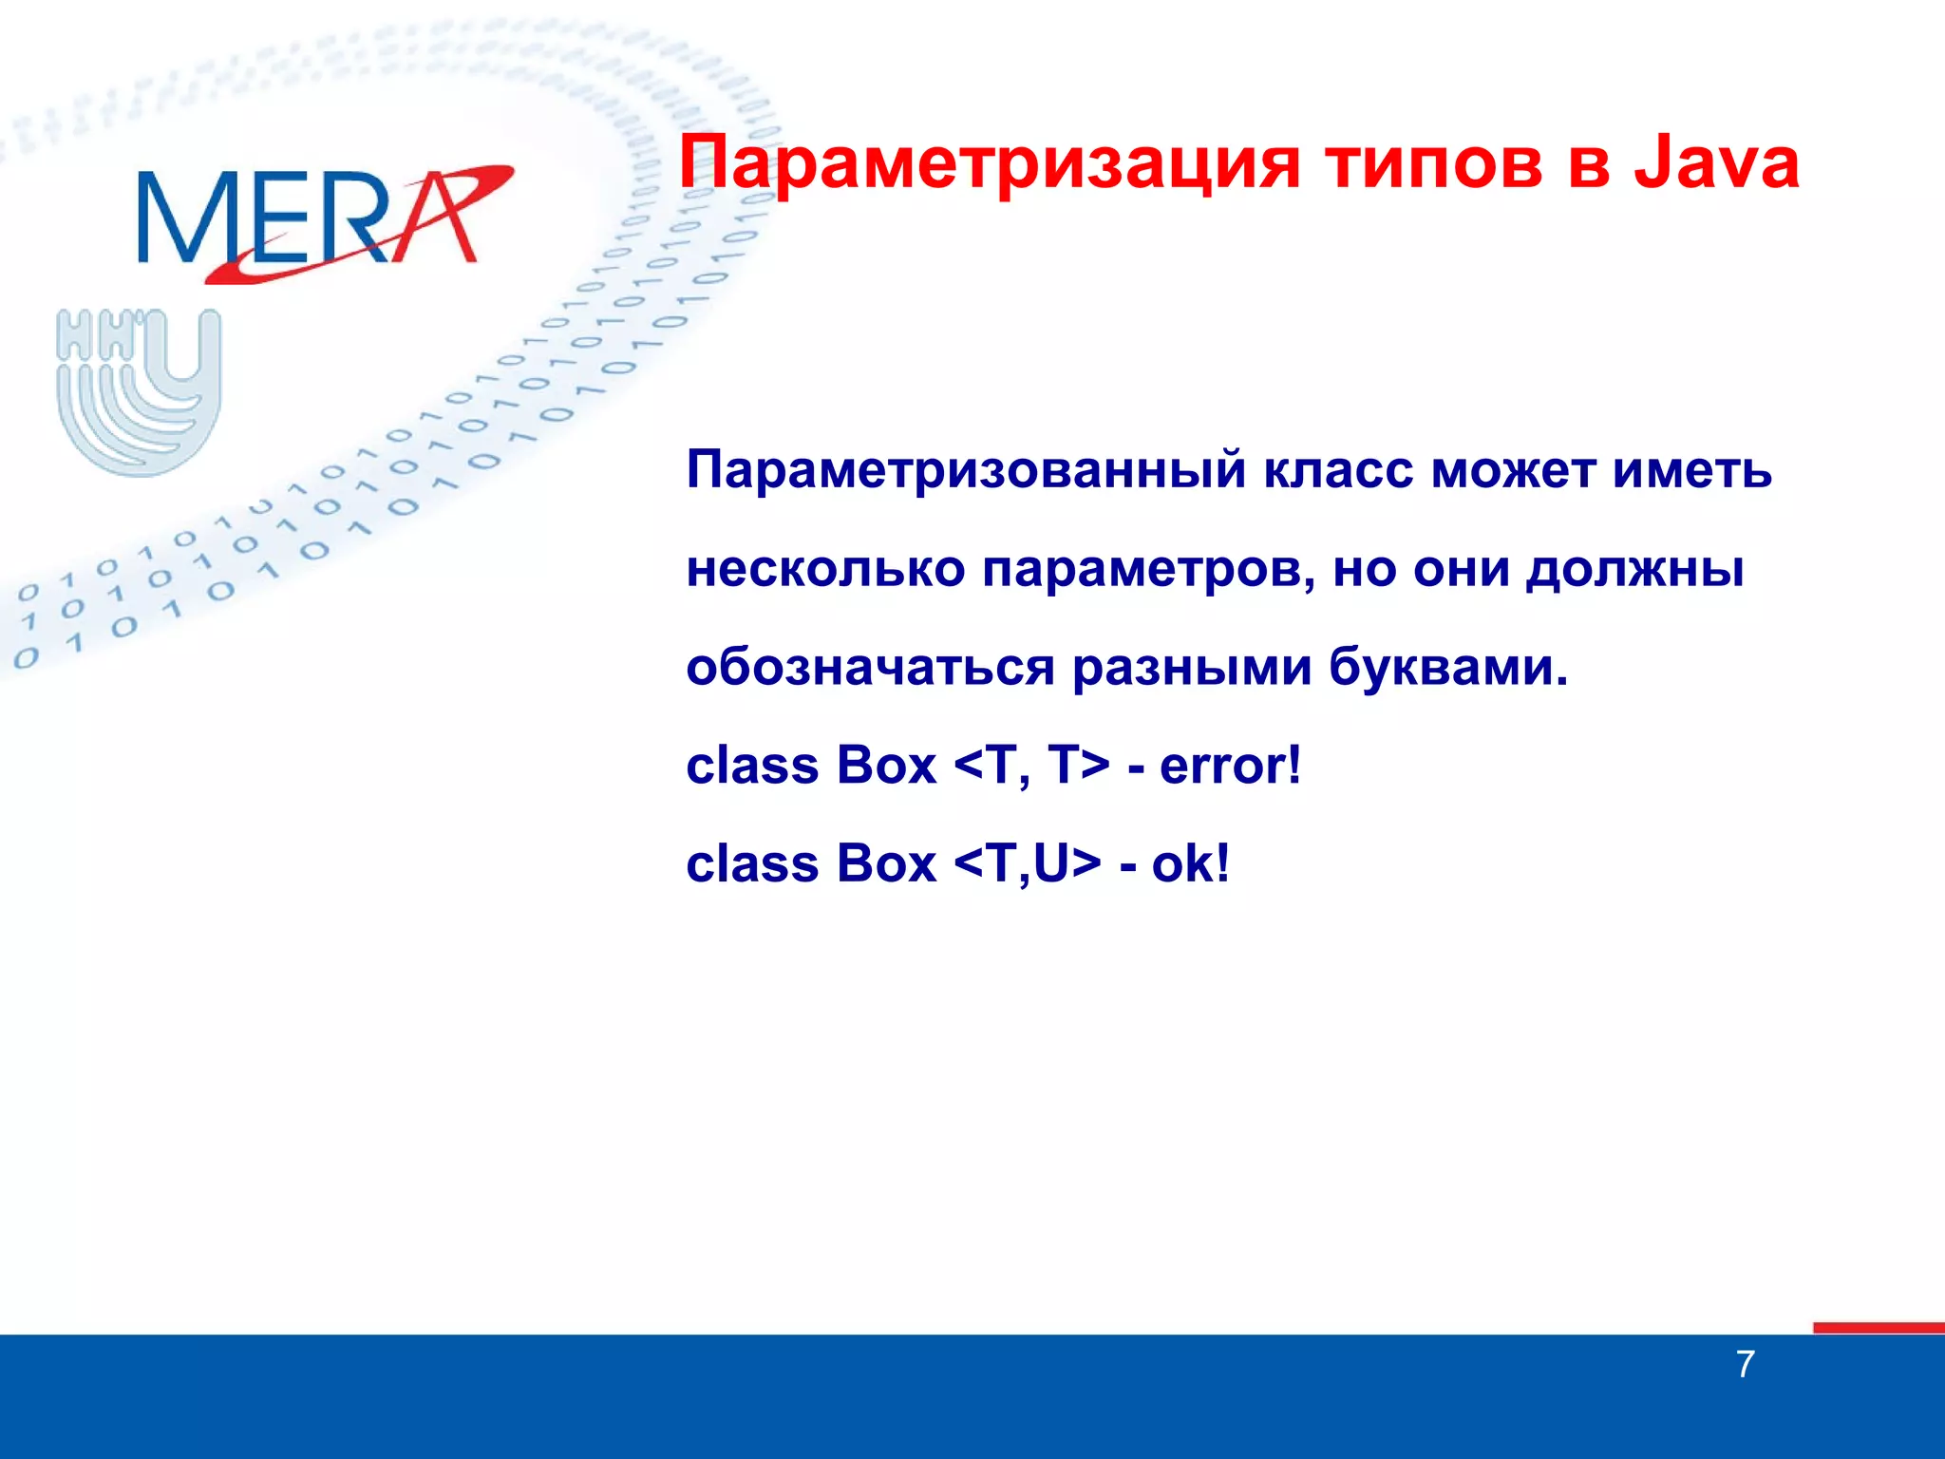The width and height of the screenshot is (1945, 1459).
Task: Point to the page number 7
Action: pyautogui.click(x=1745, y=1365)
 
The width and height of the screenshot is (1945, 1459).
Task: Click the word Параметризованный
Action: pyautogui.click(x=966, y=470)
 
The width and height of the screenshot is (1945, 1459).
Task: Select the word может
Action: pyautogui.click(x=1513, y=470)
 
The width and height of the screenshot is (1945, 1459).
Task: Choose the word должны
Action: pyautogui.click(x=1635, y=571)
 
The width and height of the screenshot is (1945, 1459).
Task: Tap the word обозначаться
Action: pyautogui.click(x=870, y=667)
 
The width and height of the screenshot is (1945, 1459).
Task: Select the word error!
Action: pyautogui.click(x=1230, y=766)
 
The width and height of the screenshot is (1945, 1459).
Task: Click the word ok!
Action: pyautogui.click(x=1190, y=864)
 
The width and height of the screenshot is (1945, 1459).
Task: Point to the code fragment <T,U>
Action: pyautogui.click(x=1027, y=864)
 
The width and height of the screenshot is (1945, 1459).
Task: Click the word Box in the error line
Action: pyautogui.click(x=887, y=766)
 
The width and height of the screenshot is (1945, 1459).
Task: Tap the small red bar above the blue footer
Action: pyautogui.click(x=1878, y=1327)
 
